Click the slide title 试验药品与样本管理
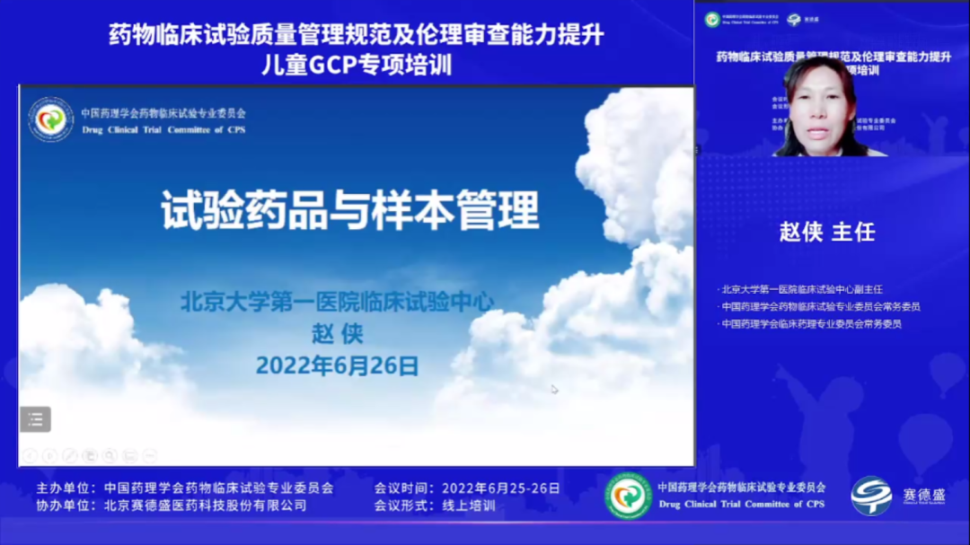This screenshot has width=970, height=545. click(350, 211)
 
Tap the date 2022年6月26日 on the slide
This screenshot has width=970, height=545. click(337, 365)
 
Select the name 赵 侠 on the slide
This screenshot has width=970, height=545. click(337, 334)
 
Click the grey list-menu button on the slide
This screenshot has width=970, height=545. click(36, 418)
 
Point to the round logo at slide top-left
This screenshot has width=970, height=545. click(50, 120)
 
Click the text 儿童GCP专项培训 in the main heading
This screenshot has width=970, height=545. click(356, 65)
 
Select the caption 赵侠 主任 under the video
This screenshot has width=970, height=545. click(826, 232)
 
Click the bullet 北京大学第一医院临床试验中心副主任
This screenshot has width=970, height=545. click(802, 289)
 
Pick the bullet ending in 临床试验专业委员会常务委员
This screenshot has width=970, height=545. click(821, 306)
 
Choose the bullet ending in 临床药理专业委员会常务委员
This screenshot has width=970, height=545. click(811, 323)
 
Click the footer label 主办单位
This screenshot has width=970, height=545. click(65, 488)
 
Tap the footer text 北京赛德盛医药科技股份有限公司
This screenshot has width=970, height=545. click(205, 505)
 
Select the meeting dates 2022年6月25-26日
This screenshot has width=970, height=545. click(500, 488)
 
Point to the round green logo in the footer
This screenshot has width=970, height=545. click(628, 496)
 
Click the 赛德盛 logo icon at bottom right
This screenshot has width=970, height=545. click(871, 496)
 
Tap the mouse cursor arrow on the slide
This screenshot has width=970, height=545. click(554, 389)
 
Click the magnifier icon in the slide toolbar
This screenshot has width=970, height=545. click(110, 456)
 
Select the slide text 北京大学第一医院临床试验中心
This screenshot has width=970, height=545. click(337, 302)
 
